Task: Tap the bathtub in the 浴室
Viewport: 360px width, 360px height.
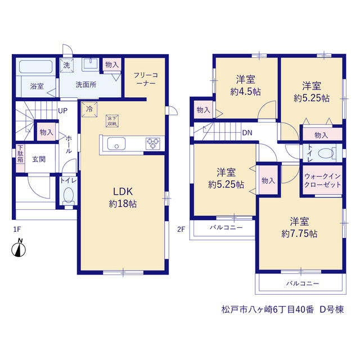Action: [36, 66]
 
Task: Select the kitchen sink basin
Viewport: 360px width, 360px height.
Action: [116, 143]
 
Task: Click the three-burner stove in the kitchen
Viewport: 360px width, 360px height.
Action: [153, 143]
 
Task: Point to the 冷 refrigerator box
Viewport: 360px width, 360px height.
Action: [89, 109]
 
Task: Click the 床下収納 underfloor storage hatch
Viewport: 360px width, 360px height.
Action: [112, 121]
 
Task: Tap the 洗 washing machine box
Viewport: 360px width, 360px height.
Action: [66, 65]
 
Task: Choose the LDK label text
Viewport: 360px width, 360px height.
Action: [123, 191]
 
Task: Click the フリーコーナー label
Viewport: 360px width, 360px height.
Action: [146, 79]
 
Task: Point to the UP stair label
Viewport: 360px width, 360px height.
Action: [62, 111]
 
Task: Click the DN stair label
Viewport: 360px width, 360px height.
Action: [247, 133]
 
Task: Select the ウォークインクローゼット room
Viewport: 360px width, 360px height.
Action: [322, 180]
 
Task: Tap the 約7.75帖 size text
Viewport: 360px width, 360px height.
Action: [299, 234]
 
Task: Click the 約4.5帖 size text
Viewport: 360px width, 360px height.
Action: [245, 92]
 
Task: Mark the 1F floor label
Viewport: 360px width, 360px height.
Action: [17, 229]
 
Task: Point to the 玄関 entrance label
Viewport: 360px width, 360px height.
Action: [39, 159]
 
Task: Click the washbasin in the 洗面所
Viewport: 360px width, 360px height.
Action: [91, 64]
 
